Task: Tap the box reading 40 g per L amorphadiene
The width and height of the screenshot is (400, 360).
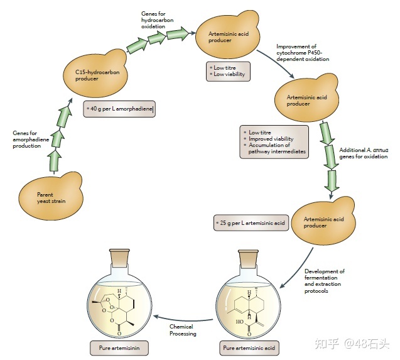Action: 119,109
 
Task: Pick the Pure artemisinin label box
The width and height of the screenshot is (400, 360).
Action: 121,347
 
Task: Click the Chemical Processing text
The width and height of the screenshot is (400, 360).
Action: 183,330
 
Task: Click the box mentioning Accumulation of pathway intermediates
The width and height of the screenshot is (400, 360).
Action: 274,141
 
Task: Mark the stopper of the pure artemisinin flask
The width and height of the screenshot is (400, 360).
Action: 121,258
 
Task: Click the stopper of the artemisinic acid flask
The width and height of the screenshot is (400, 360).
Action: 249,258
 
